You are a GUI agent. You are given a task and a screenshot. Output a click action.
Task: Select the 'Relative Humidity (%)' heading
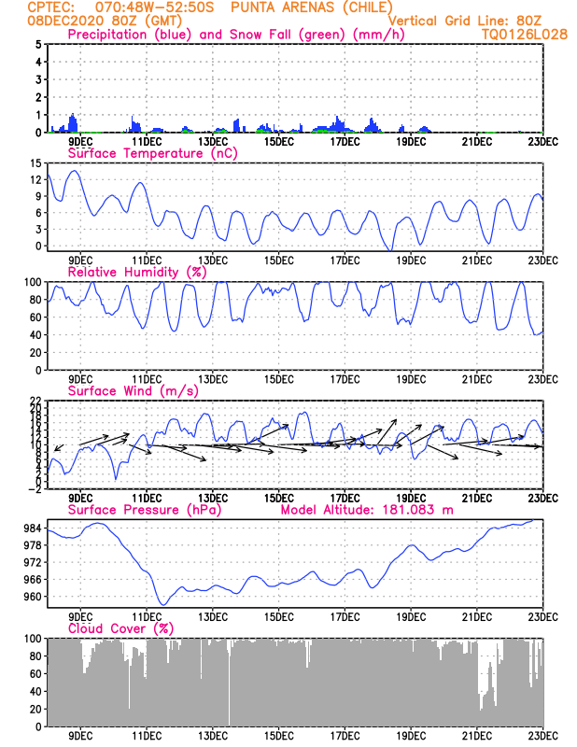[136, 272]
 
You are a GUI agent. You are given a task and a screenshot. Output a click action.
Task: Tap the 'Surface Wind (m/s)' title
[133, 390]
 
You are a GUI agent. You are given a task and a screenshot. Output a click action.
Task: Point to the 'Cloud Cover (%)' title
[121, 628]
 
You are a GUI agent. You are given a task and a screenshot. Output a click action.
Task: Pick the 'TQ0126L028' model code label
[512, 34]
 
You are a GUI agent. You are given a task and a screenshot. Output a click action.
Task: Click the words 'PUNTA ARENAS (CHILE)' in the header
[311, 7]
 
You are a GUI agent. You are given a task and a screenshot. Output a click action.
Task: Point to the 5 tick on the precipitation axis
[38, 44]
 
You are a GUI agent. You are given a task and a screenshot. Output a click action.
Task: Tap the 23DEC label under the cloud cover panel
[543, 736]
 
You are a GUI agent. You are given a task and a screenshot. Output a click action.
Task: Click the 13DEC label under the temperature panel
[212, 261]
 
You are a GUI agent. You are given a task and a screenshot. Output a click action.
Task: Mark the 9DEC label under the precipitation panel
[80, 142]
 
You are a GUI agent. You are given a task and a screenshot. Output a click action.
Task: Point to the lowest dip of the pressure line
[162, 605]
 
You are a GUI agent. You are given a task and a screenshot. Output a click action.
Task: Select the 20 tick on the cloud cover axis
[35, 709]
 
